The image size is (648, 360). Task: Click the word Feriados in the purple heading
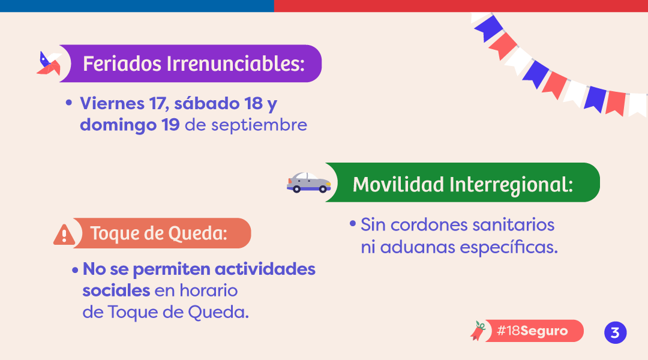(122, 64)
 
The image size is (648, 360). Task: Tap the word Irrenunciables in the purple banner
(236, 64)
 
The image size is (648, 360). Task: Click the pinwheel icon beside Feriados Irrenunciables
(49, 64)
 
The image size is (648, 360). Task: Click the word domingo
(118, 125)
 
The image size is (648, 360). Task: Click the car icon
(309, 182)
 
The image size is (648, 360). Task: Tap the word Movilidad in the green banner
(398, 184)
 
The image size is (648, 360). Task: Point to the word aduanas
(418, 248)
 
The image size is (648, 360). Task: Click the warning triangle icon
(64, 235)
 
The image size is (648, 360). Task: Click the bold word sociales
(116, 290)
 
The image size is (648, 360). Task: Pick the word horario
(208, 290)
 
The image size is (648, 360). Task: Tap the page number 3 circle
(616, 333)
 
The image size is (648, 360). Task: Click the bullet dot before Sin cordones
(353, 224)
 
